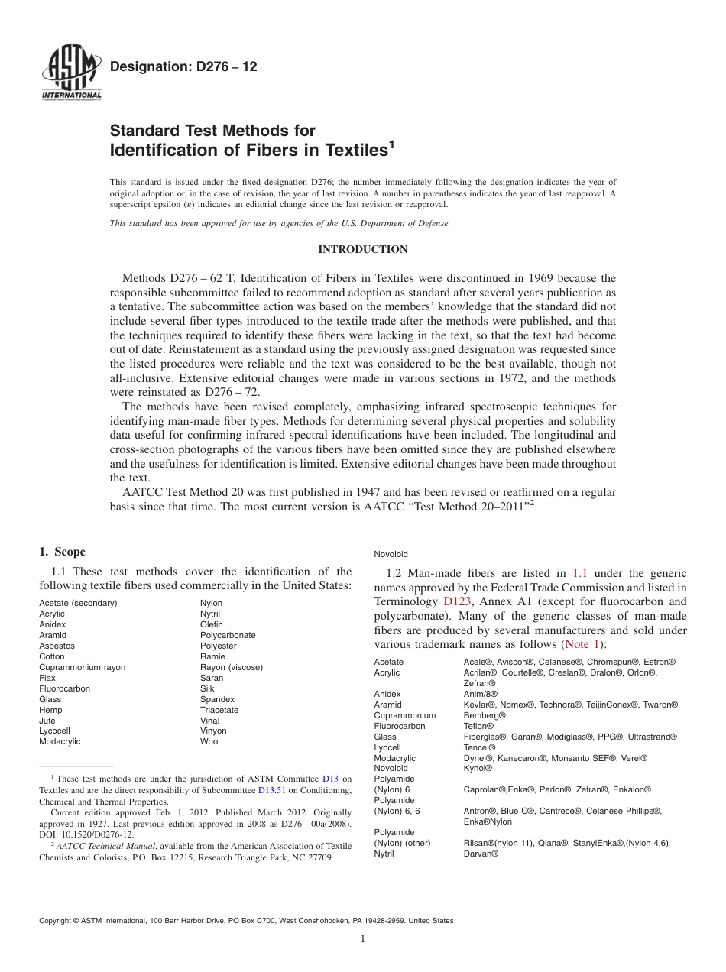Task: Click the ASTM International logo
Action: [70, 74]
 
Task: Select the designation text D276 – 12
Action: [183, 66]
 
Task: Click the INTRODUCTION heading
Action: [362, 250]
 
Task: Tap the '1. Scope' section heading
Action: [63, 552]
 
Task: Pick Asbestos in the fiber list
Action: [57, 646]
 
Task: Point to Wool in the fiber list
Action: [209, 741]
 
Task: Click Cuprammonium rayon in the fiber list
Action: [82, 667]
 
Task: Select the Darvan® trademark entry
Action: [481, 854]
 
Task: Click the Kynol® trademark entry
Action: [478, 768]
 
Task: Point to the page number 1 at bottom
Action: [363, 939]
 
